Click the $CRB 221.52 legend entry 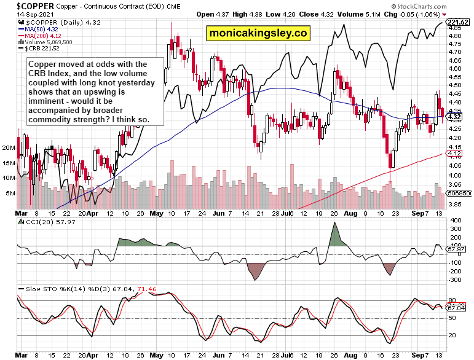tap(41, 49)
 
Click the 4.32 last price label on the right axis tap(456, 117)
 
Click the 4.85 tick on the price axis tap(455, 28)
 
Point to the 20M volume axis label tap(9, 148)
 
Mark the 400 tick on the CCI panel tap(456, 220)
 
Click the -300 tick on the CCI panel tap(456, 280)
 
